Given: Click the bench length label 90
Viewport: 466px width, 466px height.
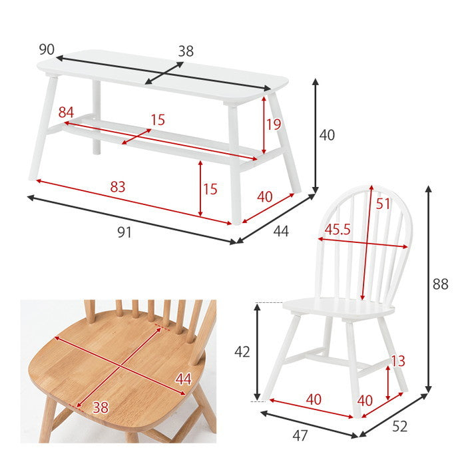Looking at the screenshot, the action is pos(47,49).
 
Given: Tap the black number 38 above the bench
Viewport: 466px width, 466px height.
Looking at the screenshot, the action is pos(186,51).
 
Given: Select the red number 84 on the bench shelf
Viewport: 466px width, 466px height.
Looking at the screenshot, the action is pos(66,113).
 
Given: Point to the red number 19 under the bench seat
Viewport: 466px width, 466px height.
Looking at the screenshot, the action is pos(274,124).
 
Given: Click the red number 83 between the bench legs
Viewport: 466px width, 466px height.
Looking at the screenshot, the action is pos(118,187).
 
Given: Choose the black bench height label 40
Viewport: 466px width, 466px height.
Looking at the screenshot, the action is pos(327,135).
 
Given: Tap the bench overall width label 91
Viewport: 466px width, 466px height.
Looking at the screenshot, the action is pos(124,232).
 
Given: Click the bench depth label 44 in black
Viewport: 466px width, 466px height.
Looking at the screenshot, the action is pos(281,231).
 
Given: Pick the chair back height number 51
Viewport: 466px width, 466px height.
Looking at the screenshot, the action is pos(383,204).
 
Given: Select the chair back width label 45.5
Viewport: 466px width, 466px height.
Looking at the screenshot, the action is pos(338,229).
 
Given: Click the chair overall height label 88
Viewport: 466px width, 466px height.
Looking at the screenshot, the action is pos(441,284).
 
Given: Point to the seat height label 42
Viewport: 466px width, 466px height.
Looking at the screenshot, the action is pos(242,352).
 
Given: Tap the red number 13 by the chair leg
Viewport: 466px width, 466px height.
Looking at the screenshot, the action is pos(398,361).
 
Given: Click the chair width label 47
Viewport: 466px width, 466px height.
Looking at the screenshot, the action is pos(300,436).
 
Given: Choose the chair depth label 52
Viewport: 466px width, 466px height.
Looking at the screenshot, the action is pos(399,427).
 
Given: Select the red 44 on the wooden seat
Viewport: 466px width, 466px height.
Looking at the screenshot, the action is pos(183,379).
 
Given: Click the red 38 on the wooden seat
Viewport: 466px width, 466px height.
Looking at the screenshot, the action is pos(101,407).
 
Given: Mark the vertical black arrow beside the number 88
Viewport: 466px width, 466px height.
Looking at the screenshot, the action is pos(428,289).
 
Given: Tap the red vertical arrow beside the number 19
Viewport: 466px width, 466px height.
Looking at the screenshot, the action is pos(264,125).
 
